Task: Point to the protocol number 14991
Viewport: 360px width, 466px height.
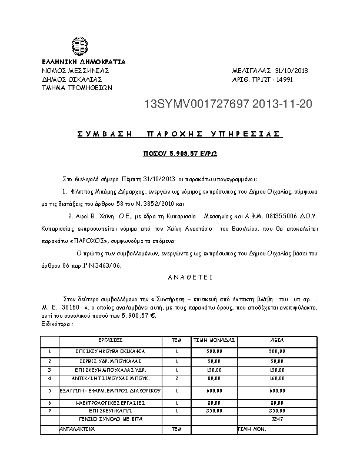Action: click(284, 79)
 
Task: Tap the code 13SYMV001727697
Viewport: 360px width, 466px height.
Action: click(196, 105)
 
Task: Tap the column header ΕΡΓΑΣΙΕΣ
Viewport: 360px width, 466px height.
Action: click(110, 340)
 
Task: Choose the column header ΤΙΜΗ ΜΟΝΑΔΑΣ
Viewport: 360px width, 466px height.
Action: click(214, 340)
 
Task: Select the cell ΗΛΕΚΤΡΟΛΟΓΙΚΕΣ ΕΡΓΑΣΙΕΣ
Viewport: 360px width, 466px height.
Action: click(110, 402)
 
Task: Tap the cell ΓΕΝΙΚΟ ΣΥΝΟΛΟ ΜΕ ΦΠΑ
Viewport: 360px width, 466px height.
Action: click(110, 418)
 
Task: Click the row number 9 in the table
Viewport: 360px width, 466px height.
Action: click(49, 410)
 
